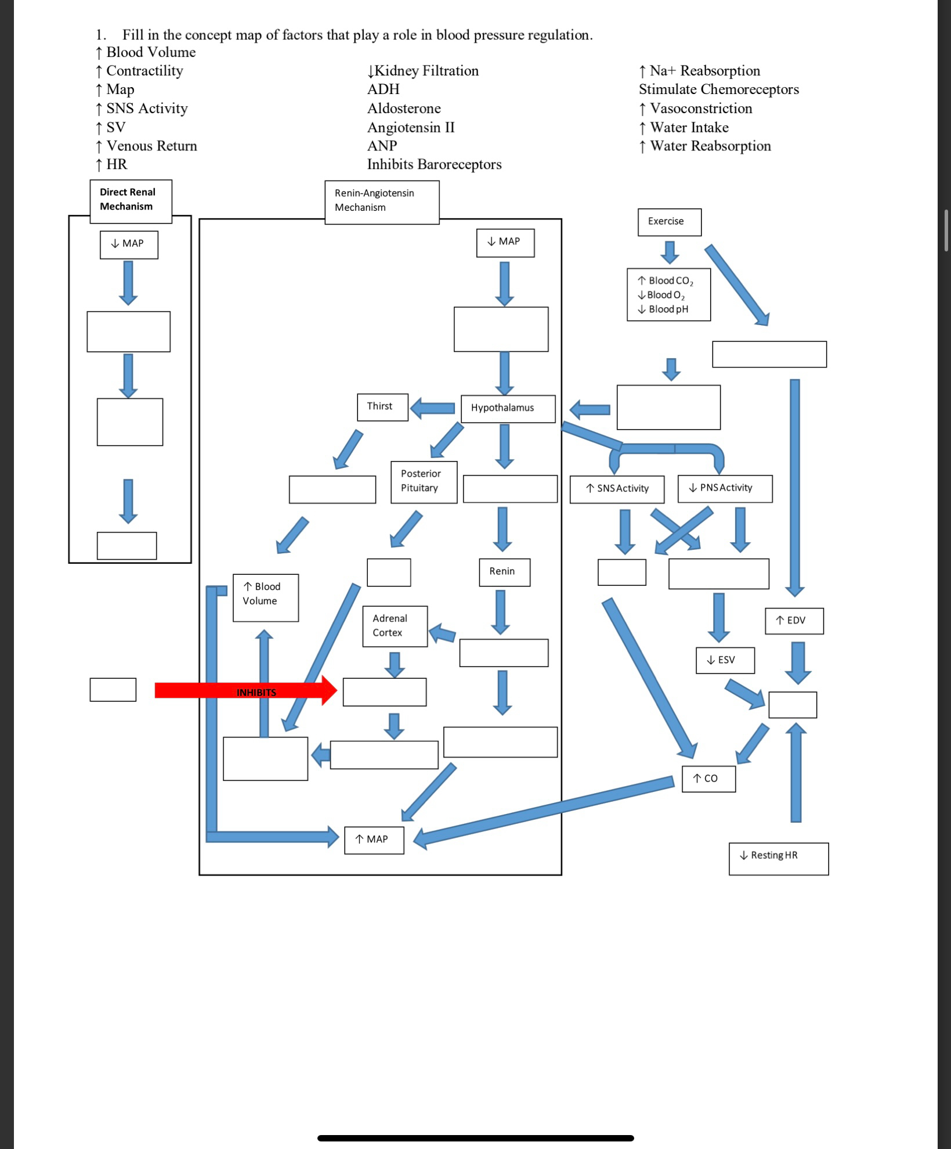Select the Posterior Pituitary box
coord(424,482)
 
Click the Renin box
coord(504,572)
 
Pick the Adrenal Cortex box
coord(395,626)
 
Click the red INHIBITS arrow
coord(244,690)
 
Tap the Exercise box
coord(669,222)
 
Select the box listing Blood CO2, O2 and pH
coord(668,294)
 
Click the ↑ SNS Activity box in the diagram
coord(616,489)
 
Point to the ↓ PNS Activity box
coord(725,488)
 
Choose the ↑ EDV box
coord(793,621)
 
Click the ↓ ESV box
coord(725,660)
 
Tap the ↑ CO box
coord(708,779)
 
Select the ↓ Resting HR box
coord(778,858)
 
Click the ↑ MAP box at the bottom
coord(374,840)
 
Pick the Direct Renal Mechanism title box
coord(131,200)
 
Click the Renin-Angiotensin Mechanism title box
coord(381,201)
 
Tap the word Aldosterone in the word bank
coord(404,109)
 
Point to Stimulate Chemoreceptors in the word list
coord(718,89)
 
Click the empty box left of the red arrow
coord(113,690)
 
